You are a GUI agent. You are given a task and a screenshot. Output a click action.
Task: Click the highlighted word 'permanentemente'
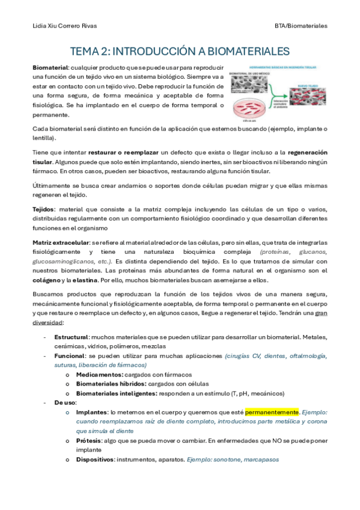coord(272,412)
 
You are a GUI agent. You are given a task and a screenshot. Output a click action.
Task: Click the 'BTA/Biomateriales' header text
coord(301,26)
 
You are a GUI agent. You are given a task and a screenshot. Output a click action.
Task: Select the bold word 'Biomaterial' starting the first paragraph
coord(50,67)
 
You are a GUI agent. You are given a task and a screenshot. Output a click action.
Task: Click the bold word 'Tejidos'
coord(44,209)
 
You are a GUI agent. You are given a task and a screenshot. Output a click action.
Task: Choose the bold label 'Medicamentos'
coord(99,374)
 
